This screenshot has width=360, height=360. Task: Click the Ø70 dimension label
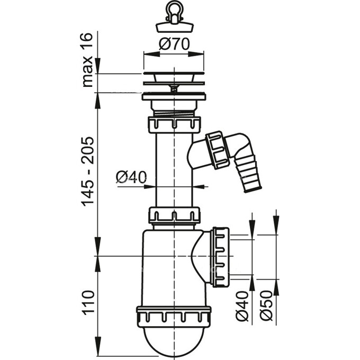174,45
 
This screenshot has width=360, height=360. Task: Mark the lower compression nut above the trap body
174,215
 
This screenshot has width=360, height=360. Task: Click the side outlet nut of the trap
220,257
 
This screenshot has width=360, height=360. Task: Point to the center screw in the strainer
174,89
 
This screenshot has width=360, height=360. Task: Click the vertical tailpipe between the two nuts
174,169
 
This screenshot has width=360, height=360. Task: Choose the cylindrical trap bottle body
164,270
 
